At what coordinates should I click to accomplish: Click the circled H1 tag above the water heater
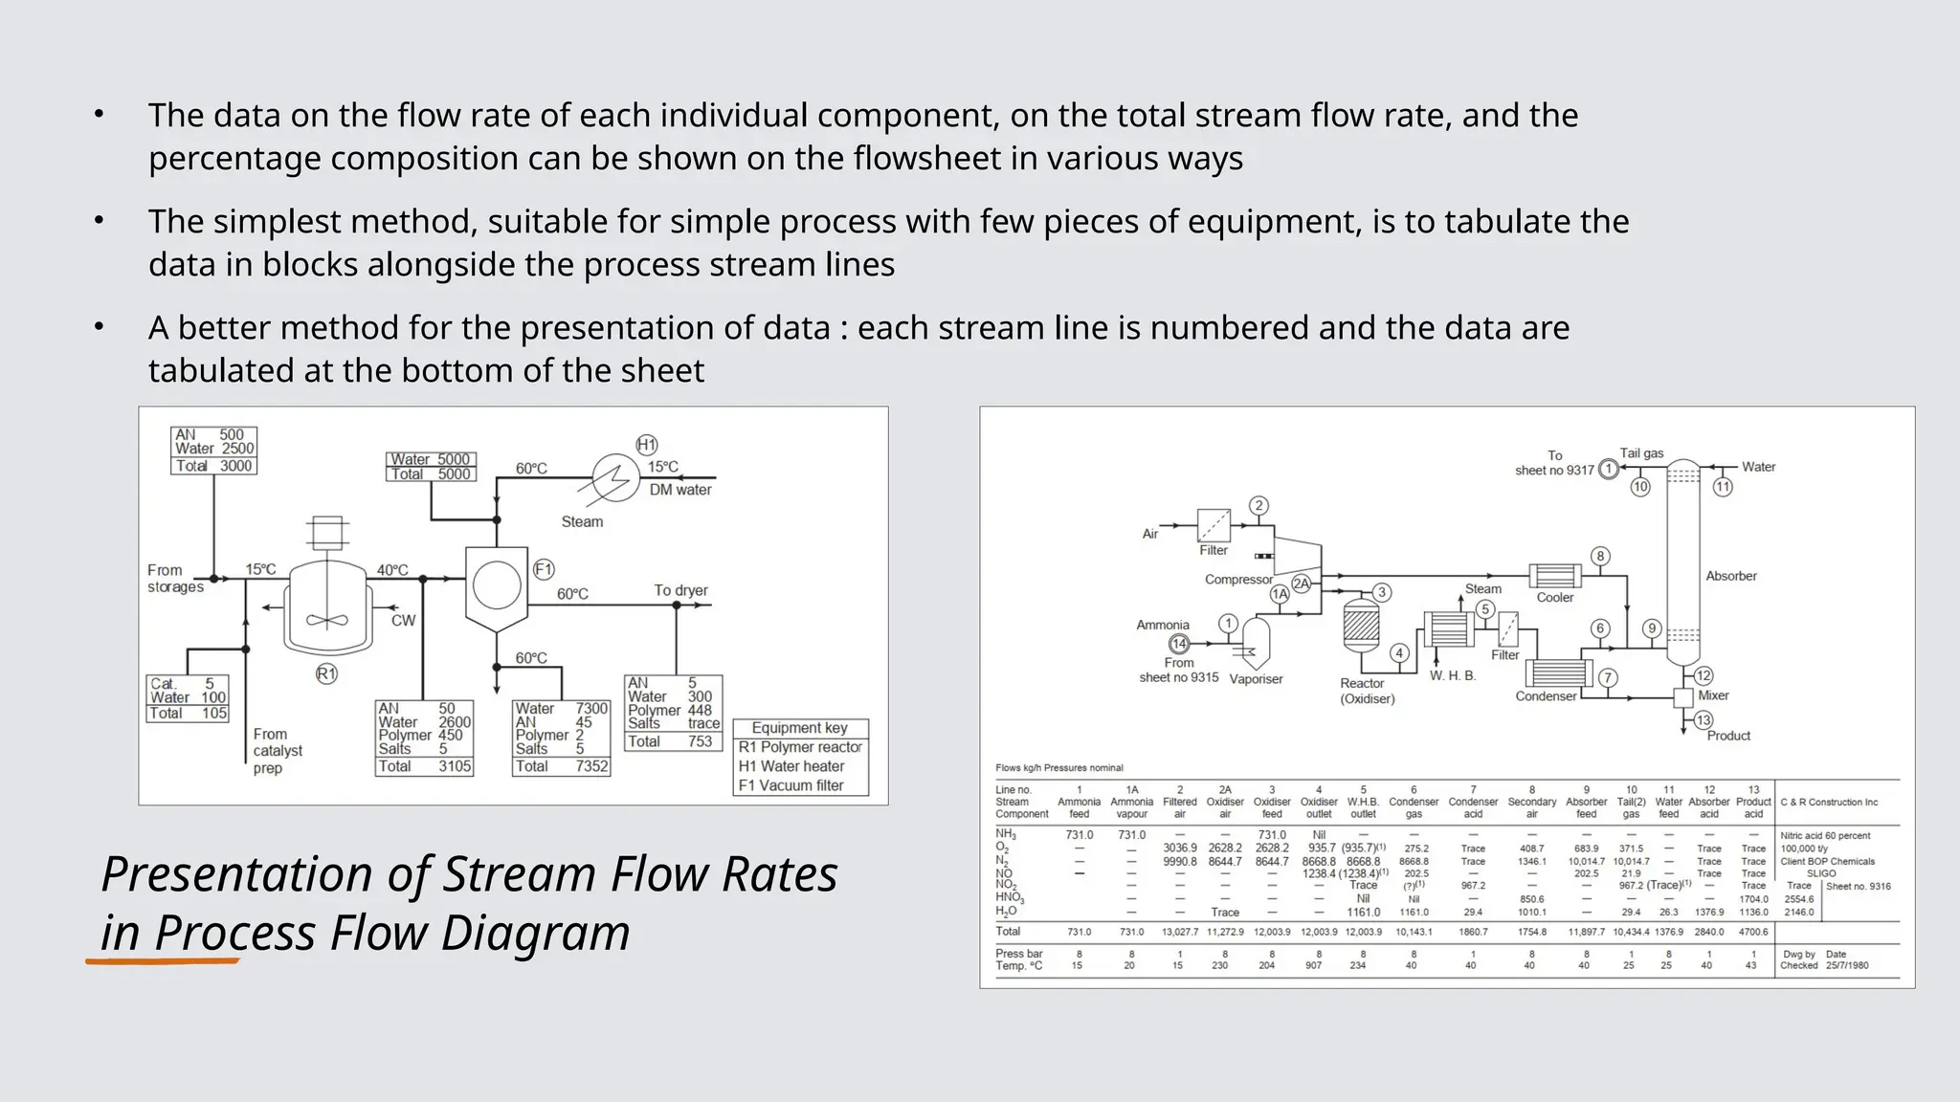647,445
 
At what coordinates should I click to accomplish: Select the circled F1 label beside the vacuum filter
544,570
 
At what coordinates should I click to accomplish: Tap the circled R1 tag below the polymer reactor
326,674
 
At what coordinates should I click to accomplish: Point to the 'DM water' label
680,490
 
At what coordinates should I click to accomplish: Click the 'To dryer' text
680,590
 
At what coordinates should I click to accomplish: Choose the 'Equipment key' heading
799,728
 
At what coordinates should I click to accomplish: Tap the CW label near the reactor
403,621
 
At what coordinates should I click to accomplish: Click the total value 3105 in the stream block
455,766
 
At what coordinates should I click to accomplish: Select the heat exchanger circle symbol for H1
615,476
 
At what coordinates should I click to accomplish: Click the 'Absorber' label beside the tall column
1730,576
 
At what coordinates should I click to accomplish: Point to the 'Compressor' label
1238,580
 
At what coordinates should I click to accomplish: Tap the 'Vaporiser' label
1256,679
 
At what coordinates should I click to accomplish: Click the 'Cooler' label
1555,598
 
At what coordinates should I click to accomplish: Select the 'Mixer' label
1713,695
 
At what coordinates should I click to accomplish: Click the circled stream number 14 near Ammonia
1179,644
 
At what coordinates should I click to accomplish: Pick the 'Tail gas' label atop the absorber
1641,453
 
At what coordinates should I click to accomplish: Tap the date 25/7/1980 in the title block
1847,966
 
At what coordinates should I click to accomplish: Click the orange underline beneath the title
163,960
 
